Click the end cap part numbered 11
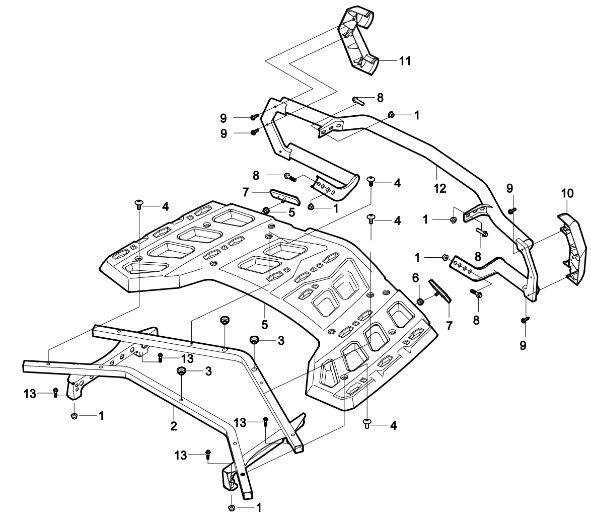361,40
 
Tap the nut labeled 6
419,302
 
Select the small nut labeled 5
266,209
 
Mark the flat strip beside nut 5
284,197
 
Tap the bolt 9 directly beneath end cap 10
525,319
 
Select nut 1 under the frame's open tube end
232,508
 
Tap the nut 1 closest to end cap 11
391,115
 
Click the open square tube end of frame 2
247,493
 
